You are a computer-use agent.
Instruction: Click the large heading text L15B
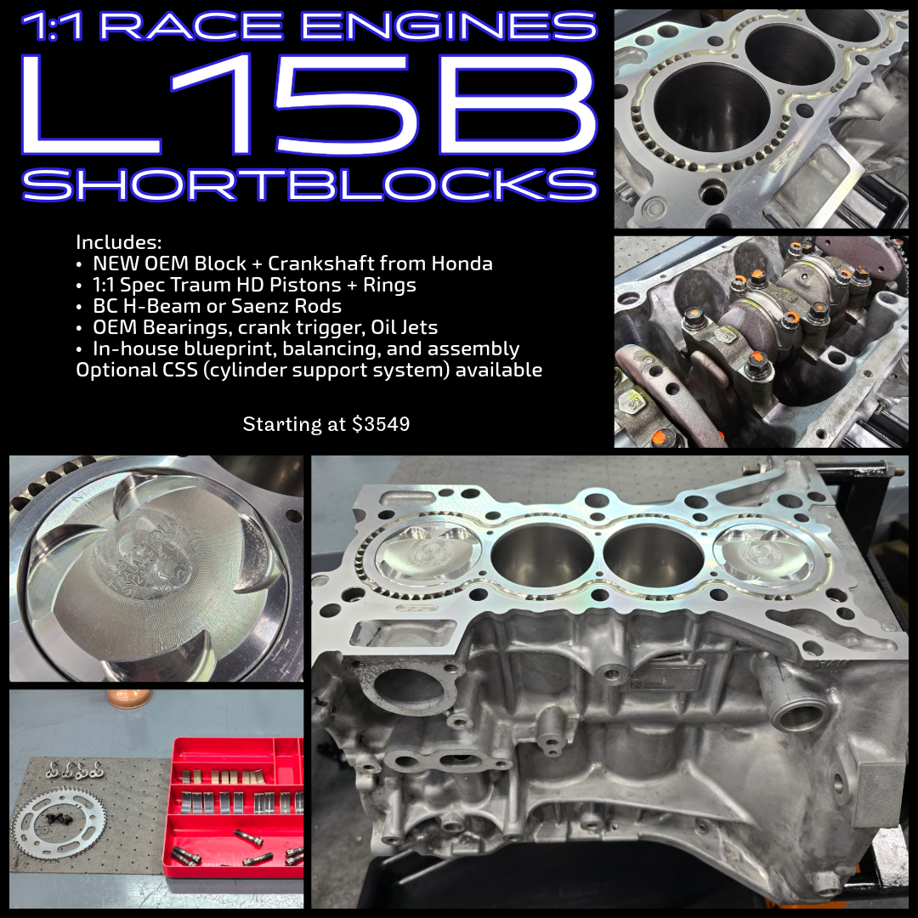308,103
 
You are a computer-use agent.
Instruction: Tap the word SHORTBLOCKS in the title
308,184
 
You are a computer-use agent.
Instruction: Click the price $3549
381,423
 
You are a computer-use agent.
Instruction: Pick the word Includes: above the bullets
118,241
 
